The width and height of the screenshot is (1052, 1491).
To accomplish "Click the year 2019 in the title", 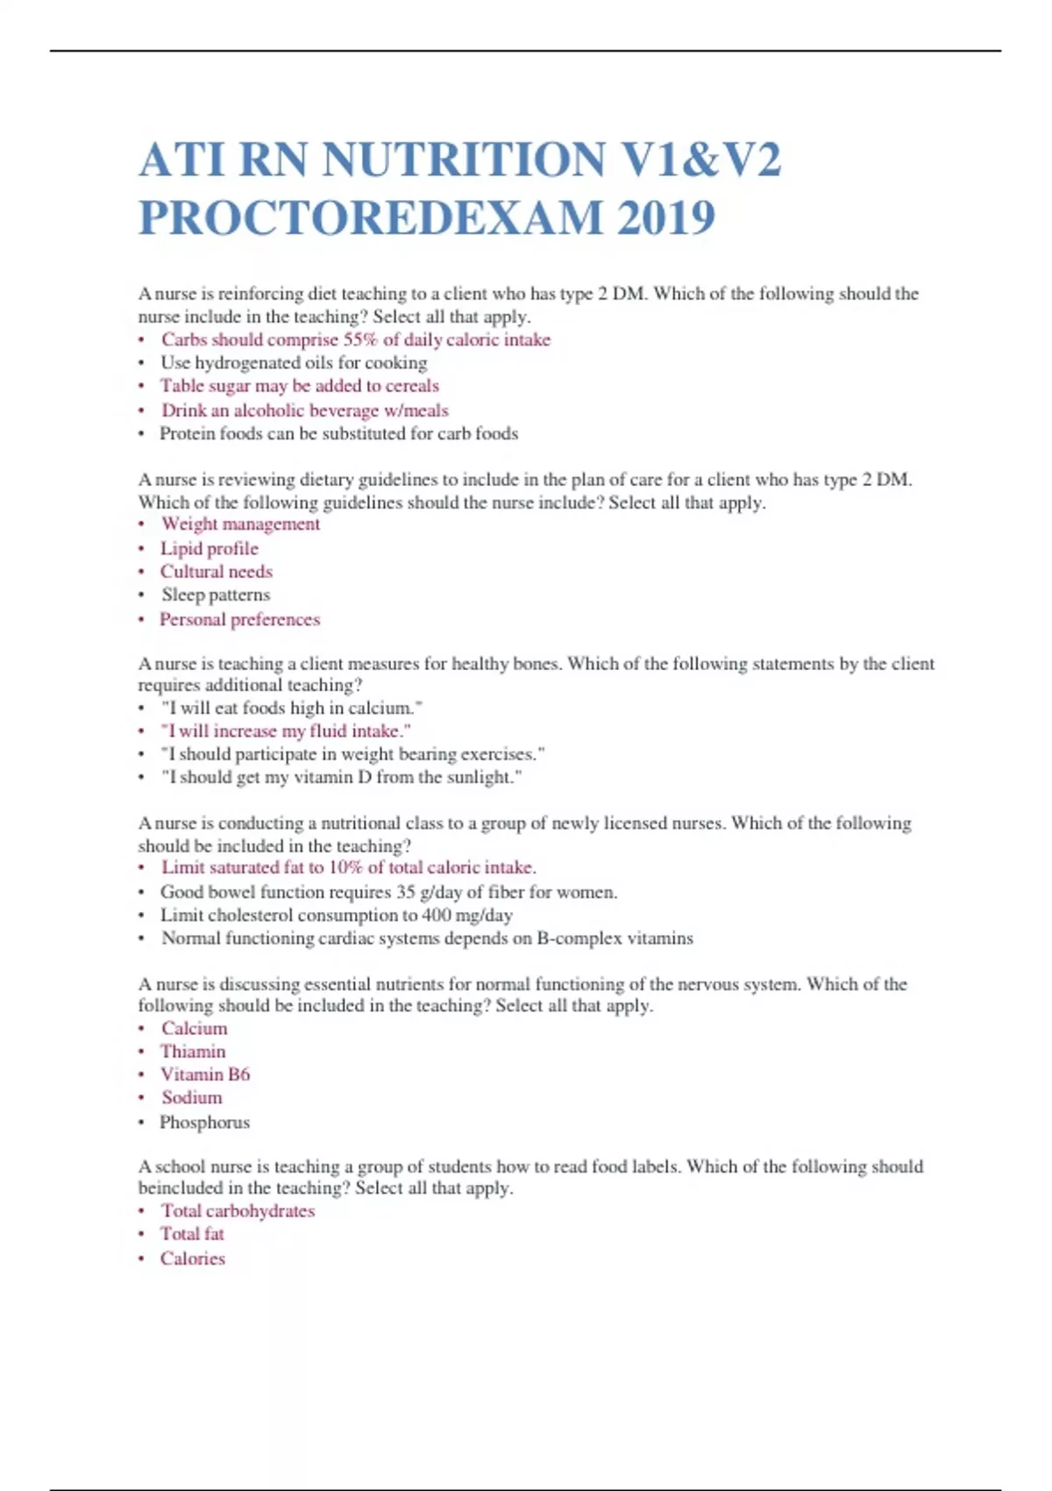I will pyautogui.click(x=666, y=218).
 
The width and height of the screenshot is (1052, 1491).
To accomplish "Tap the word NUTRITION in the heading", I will pyautogui.click(x=464, y=161).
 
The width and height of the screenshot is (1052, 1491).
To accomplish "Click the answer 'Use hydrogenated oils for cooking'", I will pyautogui.click(x=294, y=363).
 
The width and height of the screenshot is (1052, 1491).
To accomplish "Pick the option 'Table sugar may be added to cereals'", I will pyautogui.click(x=299, y=386).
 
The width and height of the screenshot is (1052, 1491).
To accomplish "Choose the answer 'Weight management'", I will pyautogui.click(x=240, y=524).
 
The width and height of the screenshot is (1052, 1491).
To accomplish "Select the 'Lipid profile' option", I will pyautogui.click(x=210, y=549).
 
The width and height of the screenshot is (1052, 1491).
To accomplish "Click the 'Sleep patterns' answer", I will pyautogui.click(x=216, y=596).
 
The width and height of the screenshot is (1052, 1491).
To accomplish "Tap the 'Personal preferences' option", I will pyautogui.click(x=239, y=620).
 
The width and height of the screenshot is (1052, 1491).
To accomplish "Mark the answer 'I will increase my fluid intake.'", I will pyautogui.click(x=286, y=731).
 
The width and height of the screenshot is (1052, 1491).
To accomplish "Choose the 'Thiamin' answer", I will pyautogui.click(x=193, y=1052).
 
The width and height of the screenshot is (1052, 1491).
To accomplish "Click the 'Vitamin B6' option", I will pyautogui.click(x=205, y=1074).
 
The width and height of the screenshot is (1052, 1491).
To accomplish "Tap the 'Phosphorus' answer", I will pyautogui.click(x=204, y=1123).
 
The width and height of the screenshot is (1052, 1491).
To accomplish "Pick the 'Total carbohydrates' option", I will pyautogui.click(x=238, y=1211).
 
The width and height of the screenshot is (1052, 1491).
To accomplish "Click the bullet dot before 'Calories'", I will pyautogui.click(x=141, y=1259).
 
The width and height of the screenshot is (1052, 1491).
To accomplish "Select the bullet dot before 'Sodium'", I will pyautogui.click(x=141, y=1099).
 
